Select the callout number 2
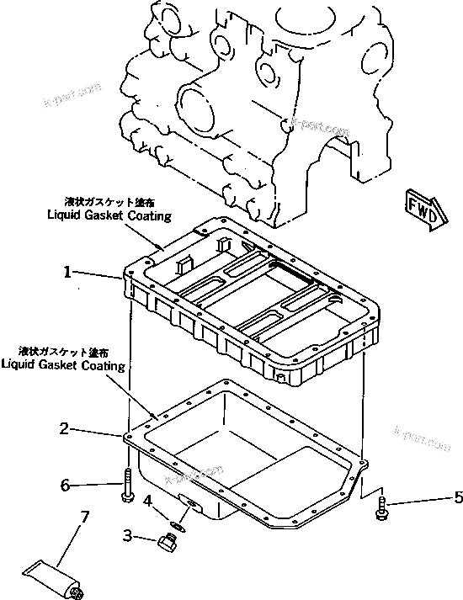[x=63, y=428]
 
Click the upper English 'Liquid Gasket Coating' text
[x=109, y=215]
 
